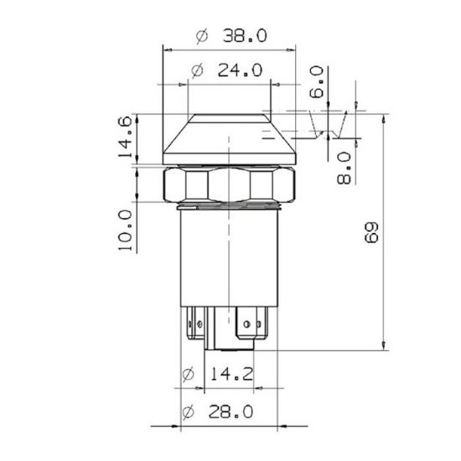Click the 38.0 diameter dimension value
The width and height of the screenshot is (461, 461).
pos(245,35)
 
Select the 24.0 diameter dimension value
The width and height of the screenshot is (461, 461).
pos(240,70)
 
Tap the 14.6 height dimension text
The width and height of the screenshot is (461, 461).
pos(125,137)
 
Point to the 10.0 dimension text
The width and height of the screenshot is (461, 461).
pos(126,230)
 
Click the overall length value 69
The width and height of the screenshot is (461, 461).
pos(371,232)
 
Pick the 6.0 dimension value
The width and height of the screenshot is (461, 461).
pos(317,82)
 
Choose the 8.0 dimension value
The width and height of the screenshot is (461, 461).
pos(344,168)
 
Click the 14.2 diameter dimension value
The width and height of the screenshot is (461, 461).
pos(232,375)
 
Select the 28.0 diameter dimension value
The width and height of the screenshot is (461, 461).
pos(230,412)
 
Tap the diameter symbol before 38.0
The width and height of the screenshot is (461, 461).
pos(202,36)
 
